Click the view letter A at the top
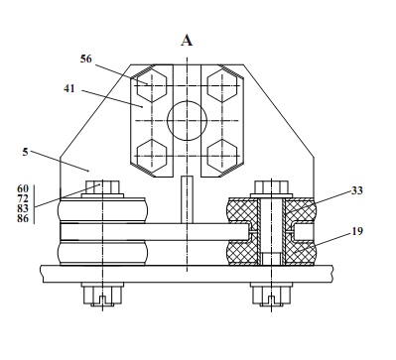[x=187, y=41]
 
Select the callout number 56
[x=85, y=59]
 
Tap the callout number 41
[x=69, y=88]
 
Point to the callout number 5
[x=25, y=152]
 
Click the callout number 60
[x=23, y=188]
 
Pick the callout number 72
[x=23, y=198]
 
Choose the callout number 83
[x=23, y=208]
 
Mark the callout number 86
[x=23, y=218]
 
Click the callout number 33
[x=357, y=190]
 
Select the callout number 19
[x=357, y=231]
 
